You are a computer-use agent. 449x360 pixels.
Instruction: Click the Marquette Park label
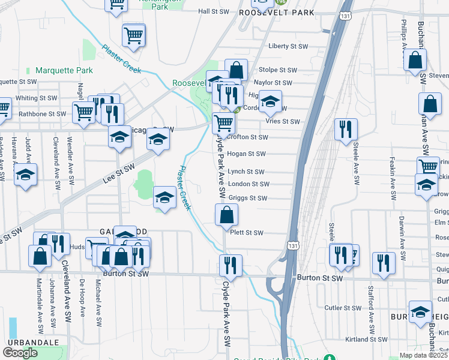tap(64, 70)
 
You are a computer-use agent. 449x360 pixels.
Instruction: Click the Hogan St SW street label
tap(247, 154)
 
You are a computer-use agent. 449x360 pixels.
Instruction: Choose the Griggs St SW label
tap(247, 198)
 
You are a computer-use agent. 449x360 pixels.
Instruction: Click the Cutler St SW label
tap(343, 308)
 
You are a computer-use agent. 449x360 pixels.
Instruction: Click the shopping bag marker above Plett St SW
tap(226, 214)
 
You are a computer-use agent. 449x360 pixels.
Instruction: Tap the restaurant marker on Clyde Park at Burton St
tap(231, 265)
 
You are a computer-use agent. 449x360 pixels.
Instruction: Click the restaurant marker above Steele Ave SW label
tap(345, 129)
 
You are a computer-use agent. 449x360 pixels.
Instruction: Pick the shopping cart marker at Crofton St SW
tap(223, 123)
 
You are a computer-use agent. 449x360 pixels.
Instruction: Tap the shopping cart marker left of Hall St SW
tap(116, 4)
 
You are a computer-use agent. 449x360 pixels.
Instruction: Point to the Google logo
tap(20, 352)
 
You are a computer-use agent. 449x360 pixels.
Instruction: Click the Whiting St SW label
tap(36, 98)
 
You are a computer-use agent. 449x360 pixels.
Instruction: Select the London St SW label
tap(248, 184)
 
